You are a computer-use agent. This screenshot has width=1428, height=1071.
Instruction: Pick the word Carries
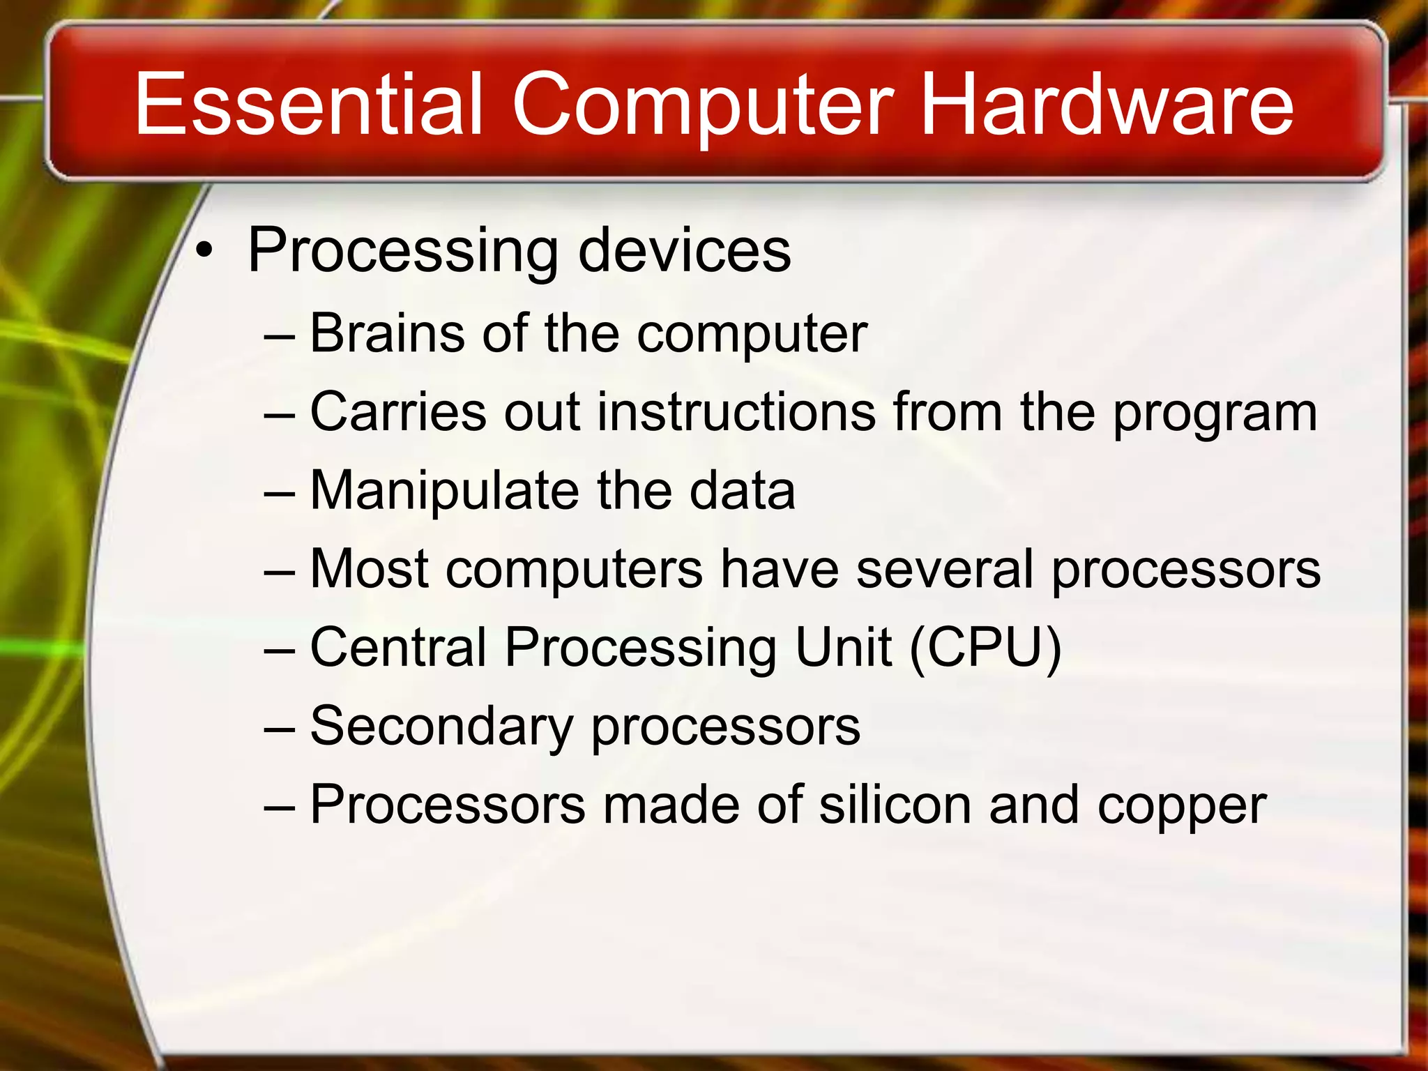pyautogui.click(x=397, y=412)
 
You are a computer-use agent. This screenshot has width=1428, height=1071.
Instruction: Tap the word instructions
pyautogui.click(x=736, y=412)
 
